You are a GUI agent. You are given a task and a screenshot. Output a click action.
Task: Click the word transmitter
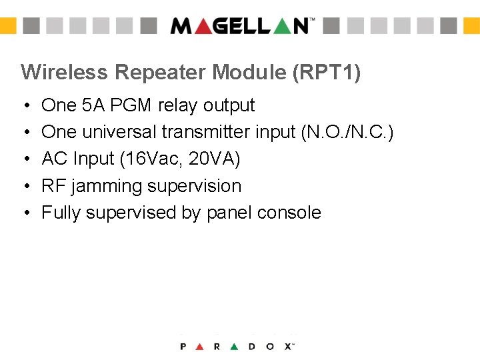coord(207,132)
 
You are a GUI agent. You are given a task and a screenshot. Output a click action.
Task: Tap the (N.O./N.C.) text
coord(347,132)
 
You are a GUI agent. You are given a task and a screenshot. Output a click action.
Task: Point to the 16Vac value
coord(157,159)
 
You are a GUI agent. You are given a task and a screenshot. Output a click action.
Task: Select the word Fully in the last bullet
coord(61,213)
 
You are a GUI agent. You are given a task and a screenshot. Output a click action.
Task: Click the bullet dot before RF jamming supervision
coord(25,187)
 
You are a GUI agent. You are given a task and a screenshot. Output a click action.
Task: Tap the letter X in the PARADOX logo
coord(288,346)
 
